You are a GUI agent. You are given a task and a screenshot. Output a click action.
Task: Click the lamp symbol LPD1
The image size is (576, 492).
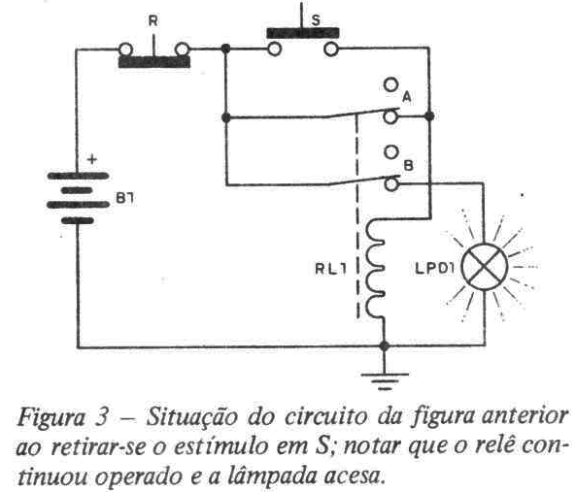pyautogui.click(x=485, y=267)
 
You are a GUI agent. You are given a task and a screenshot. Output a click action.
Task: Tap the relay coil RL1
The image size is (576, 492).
pyautogui.click(x=375, y=270)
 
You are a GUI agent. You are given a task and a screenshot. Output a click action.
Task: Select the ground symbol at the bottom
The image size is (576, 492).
pyautogui.click(x=385, y=380)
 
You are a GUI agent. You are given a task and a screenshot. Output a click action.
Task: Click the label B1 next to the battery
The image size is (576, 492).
pyautogui.click(x=125, y=199)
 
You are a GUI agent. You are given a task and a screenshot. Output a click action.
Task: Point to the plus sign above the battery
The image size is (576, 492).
pyautogui.click(x=92, y=159)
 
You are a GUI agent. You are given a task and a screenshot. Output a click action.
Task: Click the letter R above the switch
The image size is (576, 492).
pyautogui.click(x=152, y=21)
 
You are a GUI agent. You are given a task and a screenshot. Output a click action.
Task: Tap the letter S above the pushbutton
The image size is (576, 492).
pyautogui.click(x=315, y=20)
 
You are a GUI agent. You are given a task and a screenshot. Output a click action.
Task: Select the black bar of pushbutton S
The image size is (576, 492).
pyautogui.click(x=303, y=33)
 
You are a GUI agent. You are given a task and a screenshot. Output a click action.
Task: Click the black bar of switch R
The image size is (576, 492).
pyautogui.click(x=154, y=62)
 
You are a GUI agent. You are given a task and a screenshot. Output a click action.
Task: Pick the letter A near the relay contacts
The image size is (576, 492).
pyautogui.click(x=407, y=97)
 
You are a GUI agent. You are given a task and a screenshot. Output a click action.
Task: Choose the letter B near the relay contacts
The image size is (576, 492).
pyautogui.click(x=408, y=166)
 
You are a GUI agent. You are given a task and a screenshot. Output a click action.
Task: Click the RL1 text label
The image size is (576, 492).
pyautogui.click(x=330, y=269)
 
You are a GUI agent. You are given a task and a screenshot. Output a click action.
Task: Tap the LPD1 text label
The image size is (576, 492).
pyautogui.click(x=434, y=269)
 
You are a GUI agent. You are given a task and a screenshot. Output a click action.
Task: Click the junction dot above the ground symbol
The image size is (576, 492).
pyautogui.click(x=385, y=345)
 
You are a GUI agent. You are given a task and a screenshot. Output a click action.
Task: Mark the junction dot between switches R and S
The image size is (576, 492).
pyautogui.click(x=226, y=49)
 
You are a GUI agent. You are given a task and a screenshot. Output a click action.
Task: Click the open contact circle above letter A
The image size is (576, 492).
pyautogui.click(x=390, y=84)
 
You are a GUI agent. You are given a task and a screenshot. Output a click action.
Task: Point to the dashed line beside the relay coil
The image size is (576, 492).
pyautogui.click(x=357, y=216)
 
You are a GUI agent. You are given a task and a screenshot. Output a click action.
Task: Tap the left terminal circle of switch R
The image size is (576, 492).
pyautogui.click(x=126, y=49)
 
